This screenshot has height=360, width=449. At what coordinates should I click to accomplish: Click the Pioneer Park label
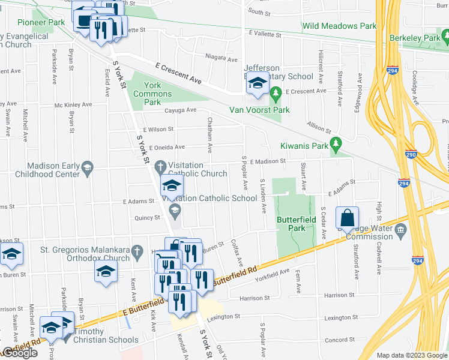point(41,22)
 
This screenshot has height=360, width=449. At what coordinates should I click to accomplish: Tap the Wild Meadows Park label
point(339,26)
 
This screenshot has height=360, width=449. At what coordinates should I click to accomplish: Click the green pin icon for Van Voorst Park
point(276,93)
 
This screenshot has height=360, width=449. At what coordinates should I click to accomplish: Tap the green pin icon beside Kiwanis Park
point(336,142)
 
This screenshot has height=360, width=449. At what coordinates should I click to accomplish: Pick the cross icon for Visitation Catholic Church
point(160,166)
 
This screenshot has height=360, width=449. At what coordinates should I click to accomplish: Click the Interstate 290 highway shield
point(411,154)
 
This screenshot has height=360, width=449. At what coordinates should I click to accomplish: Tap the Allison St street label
point(319,128)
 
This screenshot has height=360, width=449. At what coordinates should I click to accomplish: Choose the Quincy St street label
point(148,218)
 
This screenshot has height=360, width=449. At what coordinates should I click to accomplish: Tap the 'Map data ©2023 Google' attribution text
point(411,355)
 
